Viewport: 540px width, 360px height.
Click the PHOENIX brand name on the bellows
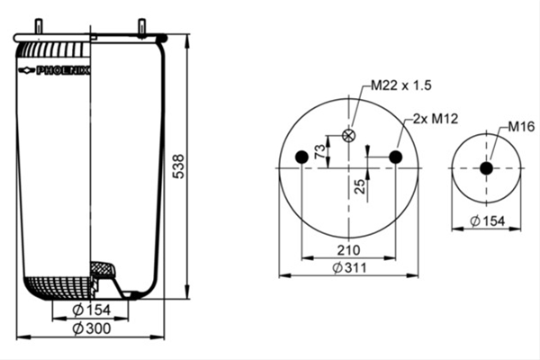point(63,70)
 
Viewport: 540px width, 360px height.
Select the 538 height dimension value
point(178,166)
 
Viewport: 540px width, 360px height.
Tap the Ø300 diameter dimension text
point(92,328)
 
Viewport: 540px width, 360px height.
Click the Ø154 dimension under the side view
point(92,310)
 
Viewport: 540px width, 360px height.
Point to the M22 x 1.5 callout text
point(400,85)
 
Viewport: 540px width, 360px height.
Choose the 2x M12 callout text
point(436,119)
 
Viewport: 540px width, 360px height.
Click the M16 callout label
point(521,127)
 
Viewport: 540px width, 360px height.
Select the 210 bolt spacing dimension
point(348,250)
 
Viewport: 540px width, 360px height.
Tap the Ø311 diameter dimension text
point(349,267)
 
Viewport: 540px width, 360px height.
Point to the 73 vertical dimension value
point(319,151)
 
